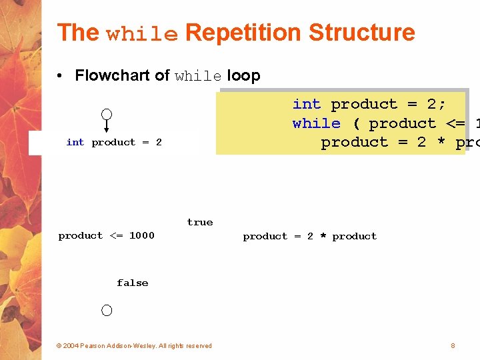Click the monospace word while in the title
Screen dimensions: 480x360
point(142,34)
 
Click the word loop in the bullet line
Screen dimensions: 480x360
point(243,75)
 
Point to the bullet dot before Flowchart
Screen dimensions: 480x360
point(61,75)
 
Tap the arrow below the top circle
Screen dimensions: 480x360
point(106,129)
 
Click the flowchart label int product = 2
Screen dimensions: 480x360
point(114,142)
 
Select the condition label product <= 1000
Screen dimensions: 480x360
point(106,235)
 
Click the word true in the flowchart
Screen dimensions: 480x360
point(200,223)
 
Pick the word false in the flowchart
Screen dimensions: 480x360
point(132,283)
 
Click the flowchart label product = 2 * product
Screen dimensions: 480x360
point(309,236)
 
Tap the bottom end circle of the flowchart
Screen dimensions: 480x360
point(107,310)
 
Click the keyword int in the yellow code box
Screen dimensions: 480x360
point(307,104)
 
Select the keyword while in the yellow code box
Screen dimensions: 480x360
point(316,123)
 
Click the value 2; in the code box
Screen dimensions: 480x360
point(437,104)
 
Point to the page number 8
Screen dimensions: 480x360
point(453,345)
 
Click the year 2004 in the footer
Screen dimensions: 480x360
point(71,345)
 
